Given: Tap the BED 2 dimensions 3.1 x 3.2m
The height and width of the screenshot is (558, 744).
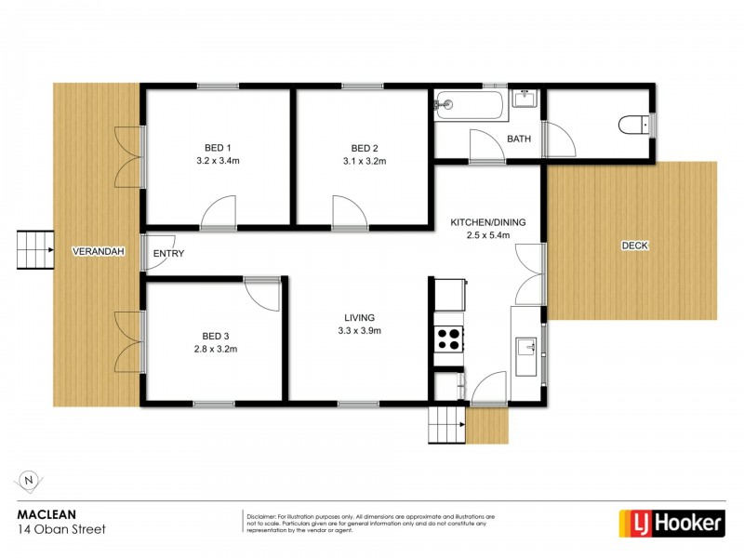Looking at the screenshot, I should [365, 161].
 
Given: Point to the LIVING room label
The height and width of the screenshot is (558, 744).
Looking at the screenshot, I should [358, 317].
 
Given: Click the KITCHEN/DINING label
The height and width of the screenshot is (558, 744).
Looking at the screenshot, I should [487, 222].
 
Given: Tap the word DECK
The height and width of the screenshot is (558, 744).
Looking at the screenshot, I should [635, 246].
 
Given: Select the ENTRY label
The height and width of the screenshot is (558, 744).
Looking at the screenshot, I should [168, 253].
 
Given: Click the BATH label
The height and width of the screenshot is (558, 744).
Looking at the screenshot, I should [518, 140].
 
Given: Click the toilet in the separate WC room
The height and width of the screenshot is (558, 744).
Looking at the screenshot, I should [634, 124].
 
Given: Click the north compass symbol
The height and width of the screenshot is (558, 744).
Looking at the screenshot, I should [29, 480].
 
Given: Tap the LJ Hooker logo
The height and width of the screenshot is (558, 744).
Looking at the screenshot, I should [671, 523].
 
